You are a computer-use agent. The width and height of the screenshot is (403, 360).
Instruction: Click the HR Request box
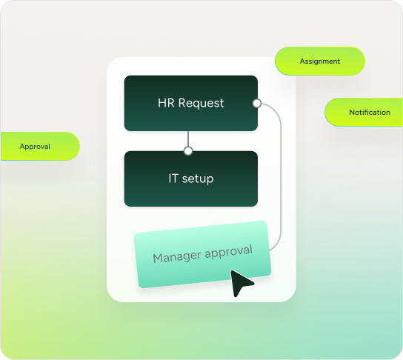tap(190, 103)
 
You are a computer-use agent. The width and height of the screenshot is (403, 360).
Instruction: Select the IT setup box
tap(190, 179)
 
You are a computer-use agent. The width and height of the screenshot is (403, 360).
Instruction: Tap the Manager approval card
tap(202, 254)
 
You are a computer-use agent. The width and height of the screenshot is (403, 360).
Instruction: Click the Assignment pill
tap(320, 61)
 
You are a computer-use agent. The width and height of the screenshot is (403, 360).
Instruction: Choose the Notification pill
tap(364, 112)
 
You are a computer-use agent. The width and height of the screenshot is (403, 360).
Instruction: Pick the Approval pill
tap(40, 146)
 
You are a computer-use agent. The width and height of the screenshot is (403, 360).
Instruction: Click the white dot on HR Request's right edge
tap(257, 103)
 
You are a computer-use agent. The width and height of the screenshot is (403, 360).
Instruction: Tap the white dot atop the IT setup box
tap(188, 151)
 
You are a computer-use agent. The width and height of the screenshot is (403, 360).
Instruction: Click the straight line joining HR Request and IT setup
tap(188, 139)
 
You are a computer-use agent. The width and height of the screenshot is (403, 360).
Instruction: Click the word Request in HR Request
tap(201, 103)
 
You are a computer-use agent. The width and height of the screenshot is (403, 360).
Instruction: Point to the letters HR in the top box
tap(166, 103)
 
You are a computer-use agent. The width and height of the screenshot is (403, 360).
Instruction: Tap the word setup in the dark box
tap(198, 179)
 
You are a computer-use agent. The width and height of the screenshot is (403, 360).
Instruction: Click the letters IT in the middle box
tap(173, 179)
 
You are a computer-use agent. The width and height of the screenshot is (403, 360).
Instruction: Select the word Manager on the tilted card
tap(177, 257)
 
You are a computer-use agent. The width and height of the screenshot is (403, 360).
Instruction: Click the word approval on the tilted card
tap(228, 252)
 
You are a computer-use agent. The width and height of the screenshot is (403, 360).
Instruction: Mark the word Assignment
tap(320, 61)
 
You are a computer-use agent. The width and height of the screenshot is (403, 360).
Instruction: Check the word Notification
tap(370, 113)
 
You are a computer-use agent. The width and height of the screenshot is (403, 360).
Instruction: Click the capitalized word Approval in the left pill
tap(35, 147)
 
